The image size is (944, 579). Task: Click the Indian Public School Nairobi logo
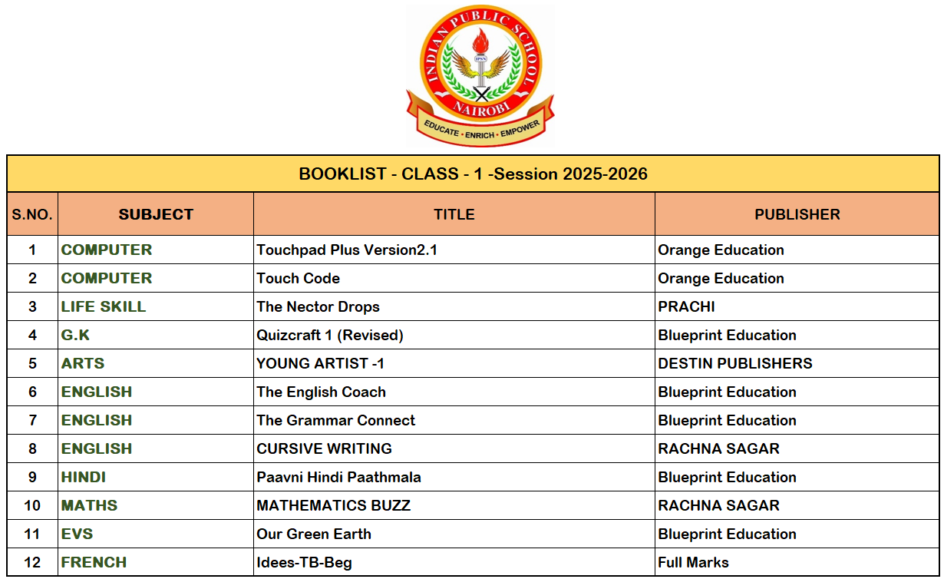pos(480,75)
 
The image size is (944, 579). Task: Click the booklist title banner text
pos(473,174)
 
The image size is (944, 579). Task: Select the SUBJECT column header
pos(156,214)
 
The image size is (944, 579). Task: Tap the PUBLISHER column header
pos(797,214)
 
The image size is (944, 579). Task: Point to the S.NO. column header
pos(32,214)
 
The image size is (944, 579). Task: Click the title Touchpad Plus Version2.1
pos(347,250)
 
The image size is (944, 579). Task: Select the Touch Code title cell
pos(299,278)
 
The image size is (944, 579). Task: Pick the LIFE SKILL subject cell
pos(104,306)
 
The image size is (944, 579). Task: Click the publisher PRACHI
pos(686,306)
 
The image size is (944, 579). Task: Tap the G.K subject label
pos(76,335)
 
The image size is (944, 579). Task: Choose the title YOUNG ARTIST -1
pos(321,363)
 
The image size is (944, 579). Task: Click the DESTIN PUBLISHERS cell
pos(734,363)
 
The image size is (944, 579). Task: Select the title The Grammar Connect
pos(336,420)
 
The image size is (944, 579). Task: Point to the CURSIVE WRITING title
pos(324,448)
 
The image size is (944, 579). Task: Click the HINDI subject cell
pos(84,477)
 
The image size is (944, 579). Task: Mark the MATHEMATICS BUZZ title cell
pos(333,505)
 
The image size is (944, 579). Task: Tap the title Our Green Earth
pos(314,534)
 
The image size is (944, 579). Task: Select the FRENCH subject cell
pos(94,562)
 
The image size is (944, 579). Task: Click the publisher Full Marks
pos(693,562)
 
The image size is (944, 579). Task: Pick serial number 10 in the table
pos(32,505)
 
